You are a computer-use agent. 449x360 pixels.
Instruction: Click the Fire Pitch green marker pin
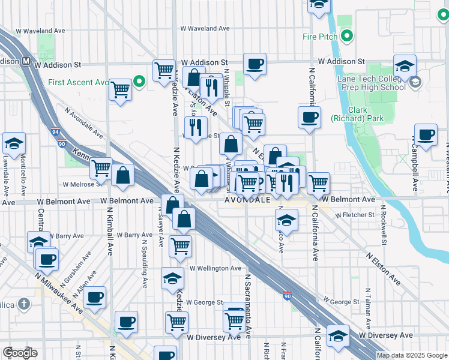pyautogui.click(x=348, y=37)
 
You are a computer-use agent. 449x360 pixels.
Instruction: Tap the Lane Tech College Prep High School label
pyautogui.click(x=370, y=82)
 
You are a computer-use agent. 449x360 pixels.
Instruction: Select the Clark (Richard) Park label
pyautogui.click(x=357, y=114)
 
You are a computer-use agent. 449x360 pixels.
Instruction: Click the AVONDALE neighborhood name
pyautogui.click(x=247, y=199)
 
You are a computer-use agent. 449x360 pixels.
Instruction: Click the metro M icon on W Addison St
pyautogui.click(x=27, y=62)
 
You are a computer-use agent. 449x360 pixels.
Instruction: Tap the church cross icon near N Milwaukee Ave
pyautogui.click(x=23, y=304)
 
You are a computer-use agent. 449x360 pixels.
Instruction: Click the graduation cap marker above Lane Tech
pyautogui.click(x=405, y=65)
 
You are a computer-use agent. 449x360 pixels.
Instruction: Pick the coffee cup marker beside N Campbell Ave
pyautogui.click(x=426, y=134)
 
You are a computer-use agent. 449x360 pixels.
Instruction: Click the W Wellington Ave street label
pyautogui.click(x=216, y=268)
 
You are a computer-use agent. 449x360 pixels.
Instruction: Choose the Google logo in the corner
pyautogui.click(x=20, y=353)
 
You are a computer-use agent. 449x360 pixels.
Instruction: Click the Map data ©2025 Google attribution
pyautogui.click(x=411, y=355)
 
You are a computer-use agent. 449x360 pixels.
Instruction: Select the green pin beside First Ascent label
pyautogui.click(x=139, y=82)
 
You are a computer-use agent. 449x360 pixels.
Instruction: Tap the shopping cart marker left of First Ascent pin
pyautogui.click(x=121, y=90)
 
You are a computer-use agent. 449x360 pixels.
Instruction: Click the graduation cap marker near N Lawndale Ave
pyautogui.click(x=14, y=143)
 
